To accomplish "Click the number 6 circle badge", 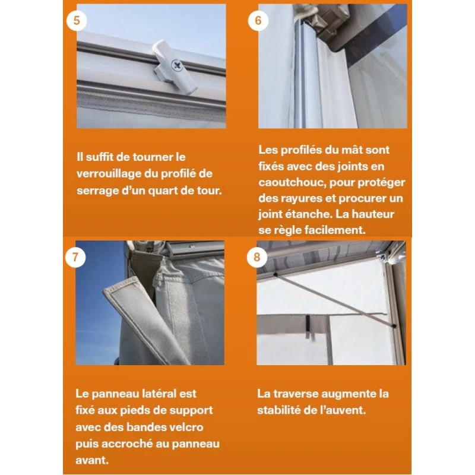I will [258, 19].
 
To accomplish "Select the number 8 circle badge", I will [257, 257].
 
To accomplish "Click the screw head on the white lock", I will [176, 64].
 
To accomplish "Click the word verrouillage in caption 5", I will [107, 173].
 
